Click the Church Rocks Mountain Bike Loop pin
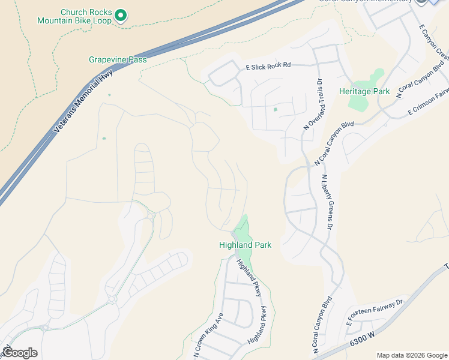[x=121, y=15]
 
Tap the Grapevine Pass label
[x=118, y=59]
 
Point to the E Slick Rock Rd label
[x=268, y=65]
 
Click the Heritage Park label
[x=364, y=92]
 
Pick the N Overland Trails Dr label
[x=313, y=105]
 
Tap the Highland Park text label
[x=245, y=245]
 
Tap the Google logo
[x=20, y=353]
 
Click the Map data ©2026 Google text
[x=411, y=355]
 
